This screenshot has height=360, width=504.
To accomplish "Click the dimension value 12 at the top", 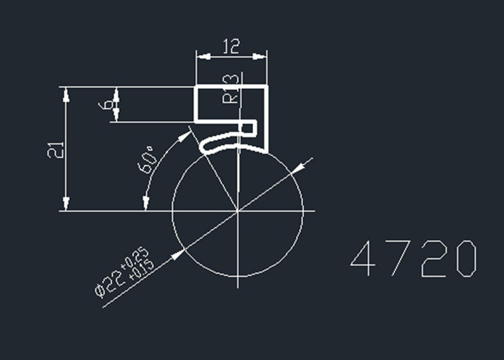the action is [x=231, y=46].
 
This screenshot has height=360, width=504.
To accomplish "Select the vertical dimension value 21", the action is [x=55, y=150].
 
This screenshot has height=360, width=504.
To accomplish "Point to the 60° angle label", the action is [x=146, y=160].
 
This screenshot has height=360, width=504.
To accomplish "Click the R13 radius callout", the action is [x=231, y=89].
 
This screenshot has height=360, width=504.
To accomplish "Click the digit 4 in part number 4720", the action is [x=363, y=259].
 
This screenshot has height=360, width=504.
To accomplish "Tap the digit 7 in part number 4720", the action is [x=401, y=259].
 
